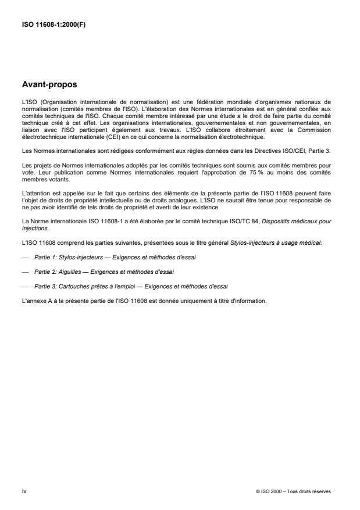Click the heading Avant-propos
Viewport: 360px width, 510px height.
(49, 84)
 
